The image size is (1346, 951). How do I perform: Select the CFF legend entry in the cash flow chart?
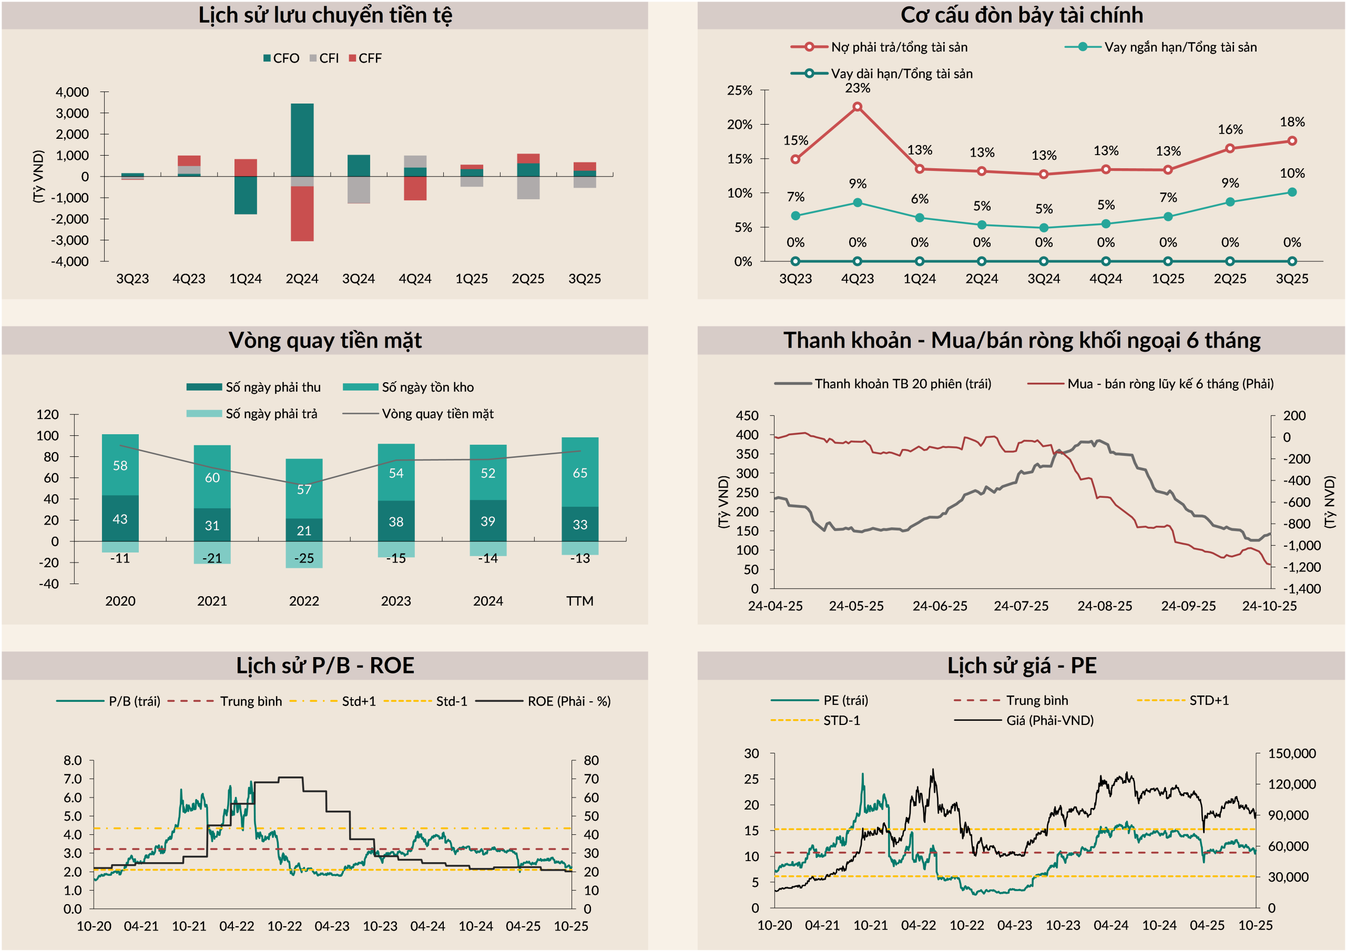point(365,58)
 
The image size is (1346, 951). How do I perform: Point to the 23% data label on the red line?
point(857,88)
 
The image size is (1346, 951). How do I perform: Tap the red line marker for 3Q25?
point(1291,141)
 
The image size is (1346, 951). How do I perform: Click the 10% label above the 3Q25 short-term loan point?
point(1291,173)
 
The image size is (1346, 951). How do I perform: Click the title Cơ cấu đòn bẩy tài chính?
point(1021,15)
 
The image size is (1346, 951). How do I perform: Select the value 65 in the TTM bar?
point(580,473)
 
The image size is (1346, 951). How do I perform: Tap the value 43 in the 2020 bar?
point(120,519)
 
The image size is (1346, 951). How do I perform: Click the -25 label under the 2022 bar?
point(304,558)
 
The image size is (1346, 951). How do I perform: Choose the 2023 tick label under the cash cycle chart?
point(396,601)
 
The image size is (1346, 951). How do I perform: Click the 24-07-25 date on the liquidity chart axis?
point(1021,606)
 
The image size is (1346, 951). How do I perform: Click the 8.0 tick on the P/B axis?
point(73,761)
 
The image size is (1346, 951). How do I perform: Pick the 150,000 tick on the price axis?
point(1291,753)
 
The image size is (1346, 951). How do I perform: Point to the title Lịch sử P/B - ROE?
point(325,666)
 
